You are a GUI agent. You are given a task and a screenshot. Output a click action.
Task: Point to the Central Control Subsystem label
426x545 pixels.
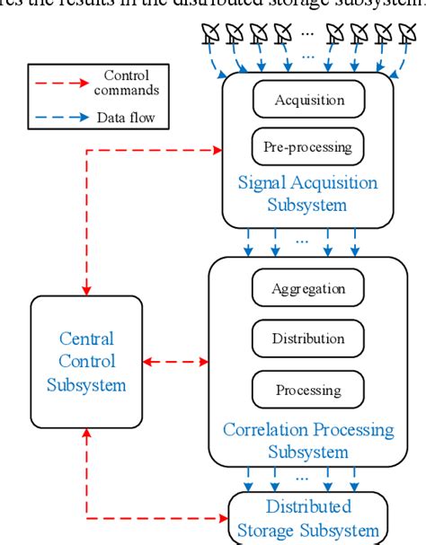click(x=86, y=363)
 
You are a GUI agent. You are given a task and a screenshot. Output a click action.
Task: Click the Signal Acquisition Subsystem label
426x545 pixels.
click(x=307, y=192)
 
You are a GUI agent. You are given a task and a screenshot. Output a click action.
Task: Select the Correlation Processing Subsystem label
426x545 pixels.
click(x=307, y=441)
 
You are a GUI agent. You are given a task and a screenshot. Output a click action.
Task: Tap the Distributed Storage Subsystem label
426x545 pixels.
click(x=307, y=518)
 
